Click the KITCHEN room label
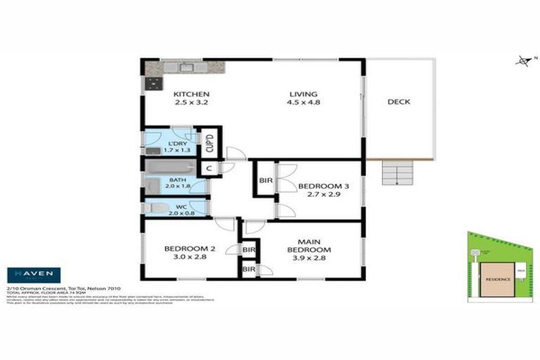click(x=192, y=94)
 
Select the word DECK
click(x=399, y=102)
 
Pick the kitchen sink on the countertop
click(x=186, y=67)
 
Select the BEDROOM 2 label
click(x=188, y=249)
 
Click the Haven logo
click(x=33, y=275)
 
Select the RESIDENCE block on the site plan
click(x=496, y=279)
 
